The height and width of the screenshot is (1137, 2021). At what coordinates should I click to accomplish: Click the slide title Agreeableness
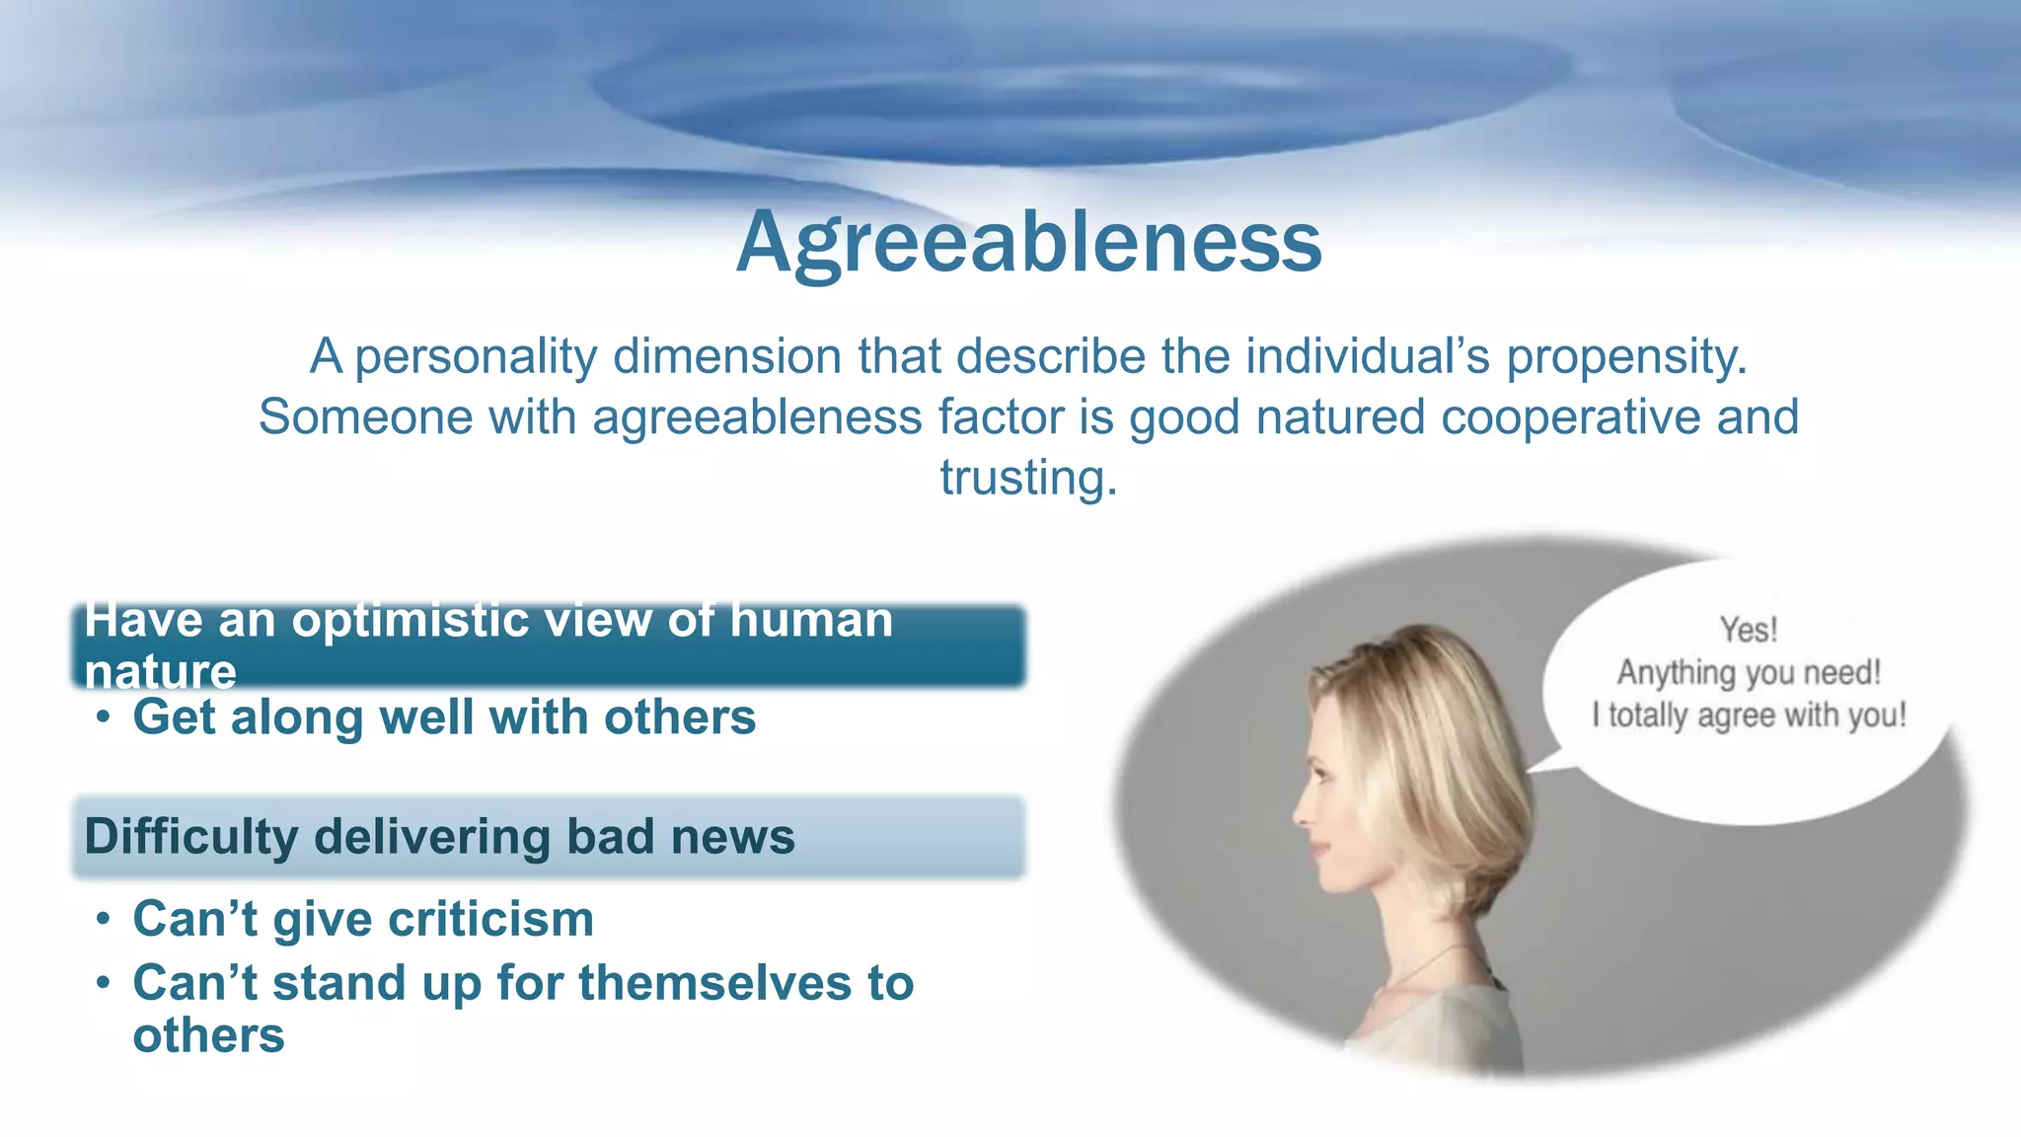pos(1028,243)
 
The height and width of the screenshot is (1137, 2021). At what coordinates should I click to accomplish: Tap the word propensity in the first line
pos(1625,356)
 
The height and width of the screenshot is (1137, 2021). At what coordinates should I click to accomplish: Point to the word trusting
pos(1028,478)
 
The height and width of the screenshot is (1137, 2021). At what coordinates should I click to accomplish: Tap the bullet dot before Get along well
pos(104,718)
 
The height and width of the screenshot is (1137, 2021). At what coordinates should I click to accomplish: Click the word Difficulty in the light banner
pos(190,837)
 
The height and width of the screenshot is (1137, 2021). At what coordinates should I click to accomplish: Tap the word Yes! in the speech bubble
pos(1748,630)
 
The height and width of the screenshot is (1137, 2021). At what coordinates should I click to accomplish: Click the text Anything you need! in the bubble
pos(1749,673)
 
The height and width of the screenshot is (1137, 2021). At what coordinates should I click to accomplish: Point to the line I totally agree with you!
pos(1749,716)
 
